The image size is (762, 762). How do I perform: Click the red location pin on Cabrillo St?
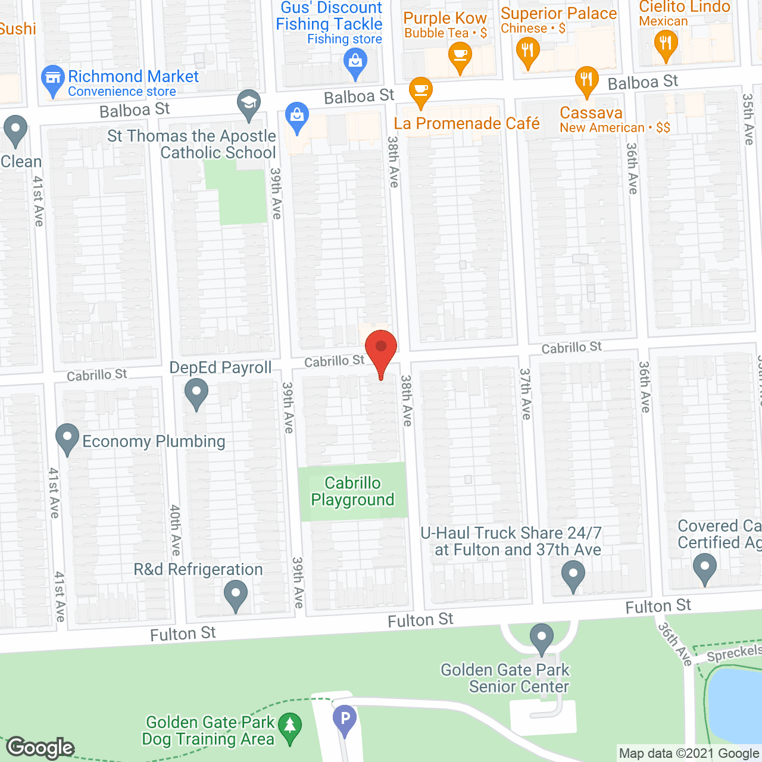click(x=381, y=348)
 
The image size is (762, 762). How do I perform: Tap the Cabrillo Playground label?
click(x=352, y=491)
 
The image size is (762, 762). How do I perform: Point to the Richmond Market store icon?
click(x=53, y=79)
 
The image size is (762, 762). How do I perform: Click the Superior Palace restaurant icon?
click(x=527, y=51)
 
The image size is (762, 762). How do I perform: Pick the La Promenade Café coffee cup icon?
click(x=421, y=91)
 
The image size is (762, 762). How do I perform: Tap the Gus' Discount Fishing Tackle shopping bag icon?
click(x=355, y=62)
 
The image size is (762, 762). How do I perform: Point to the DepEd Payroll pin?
click(x=196, y=393)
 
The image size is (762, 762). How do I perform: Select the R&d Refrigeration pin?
click(x=236, y=594)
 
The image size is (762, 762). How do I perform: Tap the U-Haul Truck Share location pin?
click(x=573, y=576)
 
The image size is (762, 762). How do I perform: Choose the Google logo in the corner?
click(x=40, y=748)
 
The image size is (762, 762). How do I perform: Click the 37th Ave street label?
click(x=525, y=394)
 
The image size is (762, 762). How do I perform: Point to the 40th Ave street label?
click(x=175, y=530)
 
